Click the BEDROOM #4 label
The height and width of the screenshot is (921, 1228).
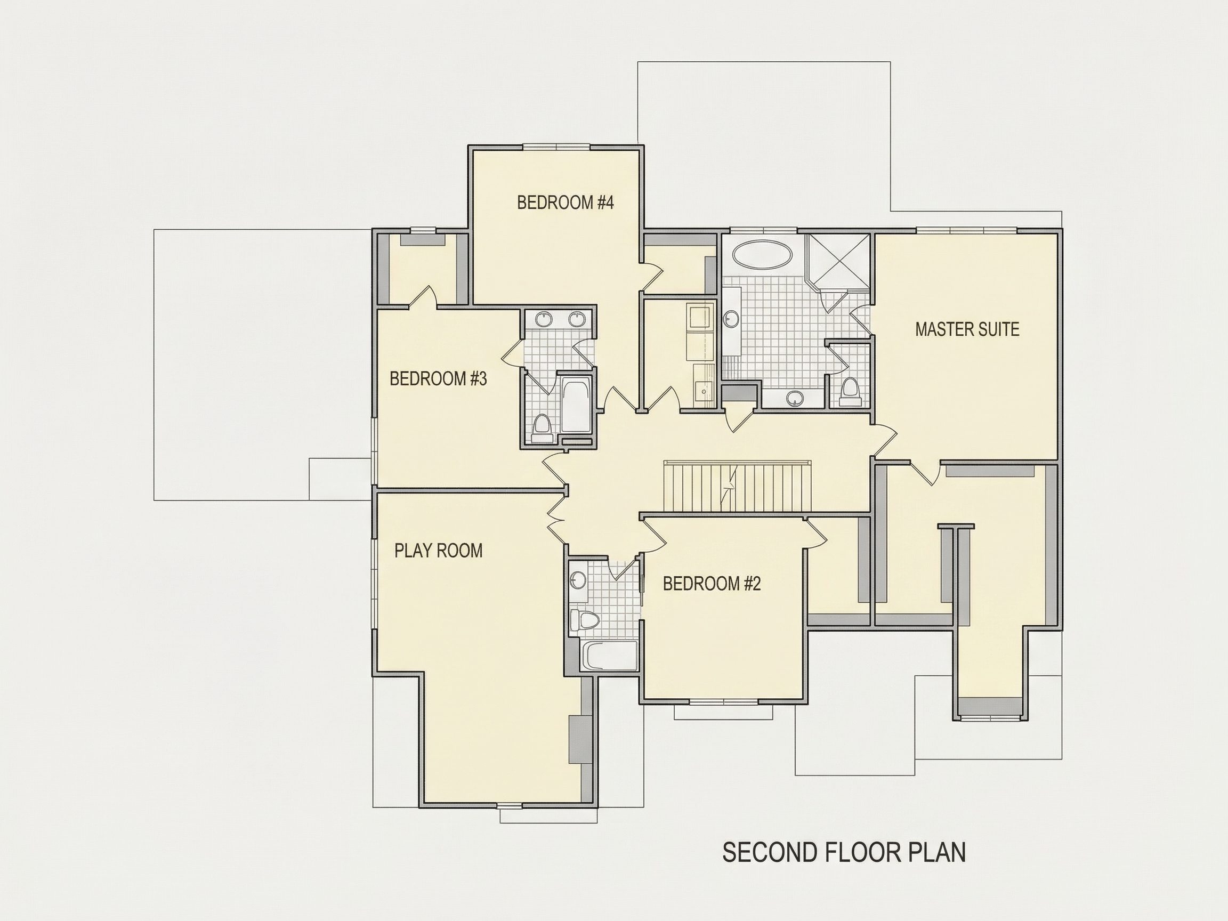pyautogui.click(x=565, y=203)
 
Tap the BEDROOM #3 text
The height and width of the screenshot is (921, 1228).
pyautogui.click(x=438, y=378)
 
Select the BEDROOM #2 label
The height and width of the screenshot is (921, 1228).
pyautogui.click(x=712, y=584)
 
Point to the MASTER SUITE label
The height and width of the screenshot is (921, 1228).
pyautogui.click(x=967, y=329)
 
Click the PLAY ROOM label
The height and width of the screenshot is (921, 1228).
pyautogui.click(x=439, y=551)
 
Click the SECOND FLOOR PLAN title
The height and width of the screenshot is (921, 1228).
pyautogui.click(x=844, y=852)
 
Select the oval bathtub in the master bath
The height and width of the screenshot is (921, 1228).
pyautogui.click(x=762, y=255)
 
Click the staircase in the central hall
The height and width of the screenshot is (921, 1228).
pyautogui.click(x=738, y=486)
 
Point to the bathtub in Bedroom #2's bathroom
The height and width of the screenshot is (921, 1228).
pyautogui.click(x=609, y=656)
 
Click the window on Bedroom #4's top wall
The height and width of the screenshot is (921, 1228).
pyautogui.click(x=557, y=147)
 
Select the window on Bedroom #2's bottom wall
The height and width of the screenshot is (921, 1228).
pyautogui.click(x=724, y=702)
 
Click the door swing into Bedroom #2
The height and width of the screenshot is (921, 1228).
pyautogui.click(x=655, y=536)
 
